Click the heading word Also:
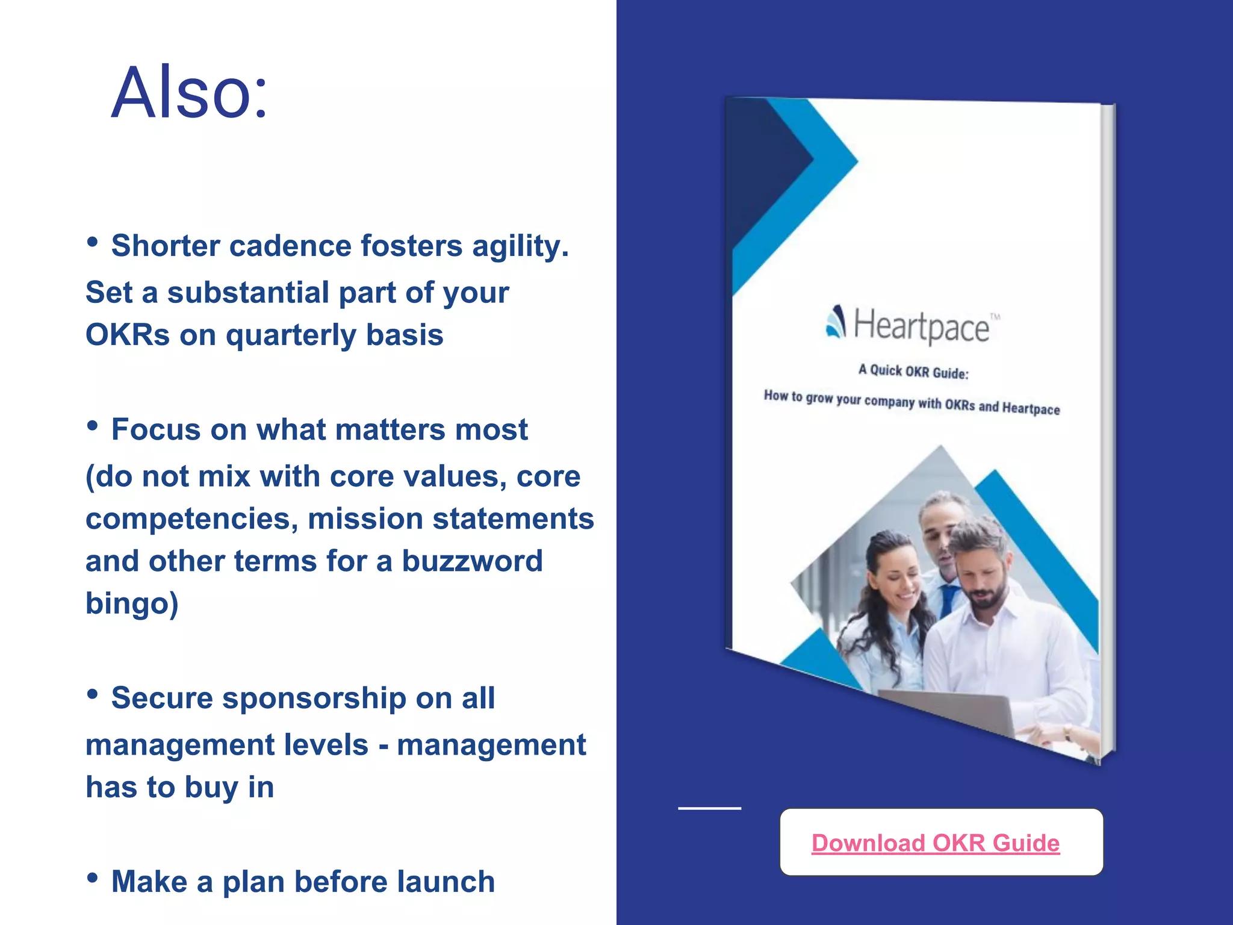coord(189,93)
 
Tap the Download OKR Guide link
coord(935,842)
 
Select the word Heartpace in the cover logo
coord(921,326)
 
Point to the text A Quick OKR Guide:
coord(913,372)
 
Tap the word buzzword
coord(472,561)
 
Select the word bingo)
coord(132,603)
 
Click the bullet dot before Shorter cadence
coord(92,242)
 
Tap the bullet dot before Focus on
coord(92,426)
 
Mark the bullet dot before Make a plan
coord(92,878)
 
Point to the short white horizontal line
coord(709,808)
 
